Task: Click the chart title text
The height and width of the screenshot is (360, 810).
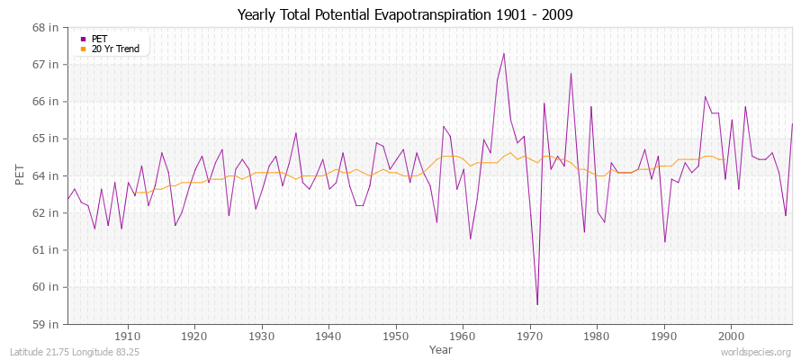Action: (x=404, y=15)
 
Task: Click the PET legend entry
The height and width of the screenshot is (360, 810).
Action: (x=99, y=39)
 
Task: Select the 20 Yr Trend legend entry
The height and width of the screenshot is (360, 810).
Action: (x=115, y=49)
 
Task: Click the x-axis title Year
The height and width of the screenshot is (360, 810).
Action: (x=441, y=348)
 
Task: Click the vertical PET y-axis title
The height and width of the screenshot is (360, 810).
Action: (x=21, y=175)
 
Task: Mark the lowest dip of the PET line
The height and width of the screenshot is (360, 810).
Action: (x=537, y=304)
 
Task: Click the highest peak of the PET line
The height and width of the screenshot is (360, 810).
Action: (x=504, y=53)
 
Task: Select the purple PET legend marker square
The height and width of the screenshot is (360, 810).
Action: (x=84, y=39)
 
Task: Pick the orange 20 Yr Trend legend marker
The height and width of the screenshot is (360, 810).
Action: (x=84, y=49)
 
